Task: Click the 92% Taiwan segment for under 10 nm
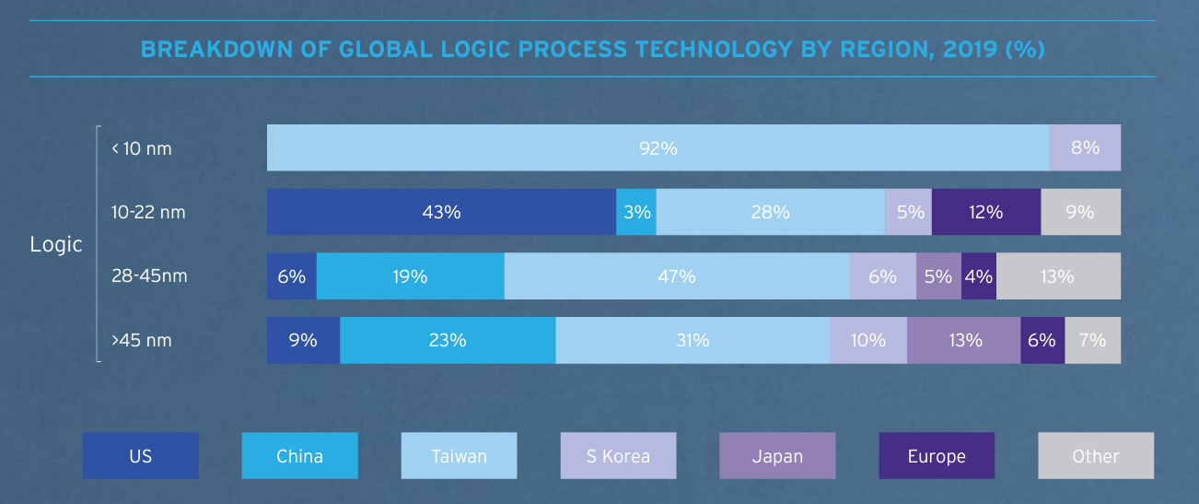click(658, 147)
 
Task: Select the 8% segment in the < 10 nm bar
click(1085, 147)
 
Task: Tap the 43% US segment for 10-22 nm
click(441, 212)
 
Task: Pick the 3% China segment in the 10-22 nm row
click(636, 212)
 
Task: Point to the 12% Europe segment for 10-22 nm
click(985, 212)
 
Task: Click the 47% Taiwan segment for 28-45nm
click(677, 276)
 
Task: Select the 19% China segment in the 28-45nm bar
click(410, 276)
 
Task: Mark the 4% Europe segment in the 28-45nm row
click(978, 276)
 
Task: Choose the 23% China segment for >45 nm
click(448, 340)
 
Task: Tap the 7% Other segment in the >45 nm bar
click(1092, 340)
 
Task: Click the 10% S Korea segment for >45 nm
click(868, 340)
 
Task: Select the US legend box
click(140, 456)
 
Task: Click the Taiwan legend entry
click(459, 456)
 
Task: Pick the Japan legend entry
click(777, 456)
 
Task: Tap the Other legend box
click(1096, 456)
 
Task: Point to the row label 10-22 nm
click(148, 212)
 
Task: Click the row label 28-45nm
click(149, 276)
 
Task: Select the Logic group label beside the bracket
click(56, 244)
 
